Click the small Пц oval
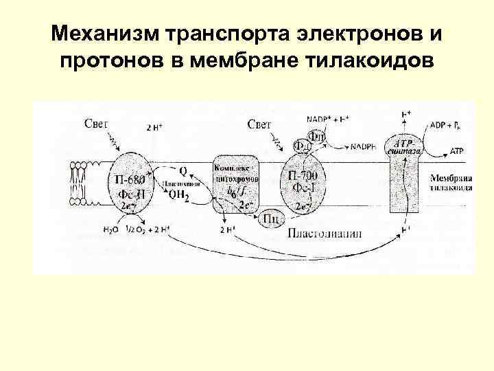(270, 218)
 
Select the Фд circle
(301, 146)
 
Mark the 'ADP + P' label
(448, 126)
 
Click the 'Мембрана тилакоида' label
(451, 183)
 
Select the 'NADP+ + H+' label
(329, 118)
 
